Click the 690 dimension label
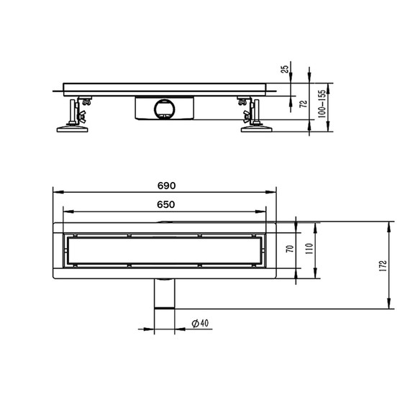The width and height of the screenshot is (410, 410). (166, 186)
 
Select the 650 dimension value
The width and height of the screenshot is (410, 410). (166, 204)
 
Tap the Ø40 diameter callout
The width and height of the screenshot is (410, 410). (200, 323)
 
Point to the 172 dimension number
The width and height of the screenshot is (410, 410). (383, 265)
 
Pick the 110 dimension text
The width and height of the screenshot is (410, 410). (309, 248)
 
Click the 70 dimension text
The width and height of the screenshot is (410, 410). (290, 248)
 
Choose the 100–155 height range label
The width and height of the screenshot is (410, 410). (322, 104)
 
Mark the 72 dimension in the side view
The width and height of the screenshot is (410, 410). (304, 104)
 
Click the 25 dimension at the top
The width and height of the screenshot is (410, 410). (286, 69)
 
